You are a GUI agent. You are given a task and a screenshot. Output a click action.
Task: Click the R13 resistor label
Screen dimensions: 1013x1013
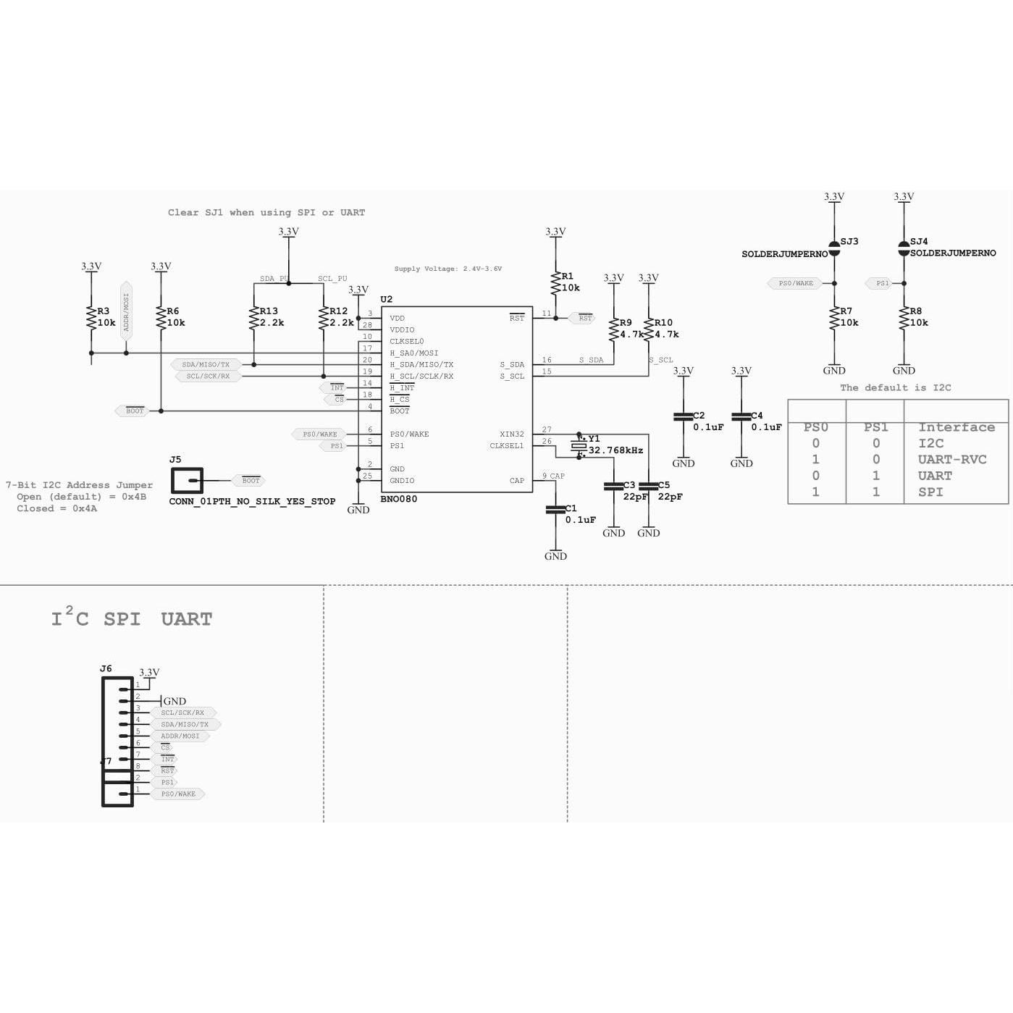click(269, 311)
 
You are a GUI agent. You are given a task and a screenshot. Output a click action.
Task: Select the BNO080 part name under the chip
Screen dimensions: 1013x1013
click(398, 499)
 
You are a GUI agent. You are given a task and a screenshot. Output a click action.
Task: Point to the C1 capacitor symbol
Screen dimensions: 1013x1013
click(555, 510)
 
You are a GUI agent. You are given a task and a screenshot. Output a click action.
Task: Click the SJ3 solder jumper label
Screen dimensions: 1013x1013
click(849, 241)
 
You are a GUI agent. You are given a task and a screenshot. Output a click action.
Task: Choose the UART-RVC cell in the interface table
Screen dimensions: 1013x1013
click(951, 459)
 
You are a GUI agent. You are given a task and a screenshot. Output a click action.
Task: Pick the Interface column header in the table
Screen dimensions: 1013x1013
click(956, 427)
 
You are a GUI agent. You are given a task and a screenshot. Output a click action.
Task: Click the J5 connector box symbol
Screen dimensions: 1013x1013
click(187, 480)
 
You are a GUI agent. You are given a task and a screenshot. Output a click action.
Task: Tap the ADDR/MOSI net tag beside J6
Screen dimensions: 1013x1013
click(180, 736)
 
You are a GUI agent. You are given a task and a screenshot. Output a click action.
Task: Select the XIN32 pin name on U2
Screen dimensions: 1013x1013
click(511, 434)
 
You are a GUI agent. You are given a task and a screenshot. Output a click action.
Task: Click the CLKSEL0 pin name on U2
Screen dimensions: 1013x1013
click(406, 341)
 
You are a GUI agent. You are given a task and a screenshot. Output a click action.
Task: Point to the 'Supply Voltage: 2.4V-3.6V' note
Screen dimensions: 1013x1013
click(447, 269)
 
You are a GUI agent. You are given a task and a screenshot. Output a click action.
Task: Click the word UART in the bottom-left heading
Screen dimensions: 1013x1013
click(186, 619)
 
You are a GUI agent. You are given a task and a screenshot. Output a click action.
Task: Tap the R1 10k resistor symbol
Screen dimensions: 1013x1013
click(555, 282)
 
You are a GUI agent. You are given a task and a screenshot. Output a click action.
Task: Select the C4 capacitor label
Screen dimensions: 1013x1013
click(757, 416)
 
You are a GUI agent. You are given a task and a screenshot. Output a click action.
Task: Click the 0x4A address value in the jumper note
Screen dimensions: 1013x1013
click(84, 508)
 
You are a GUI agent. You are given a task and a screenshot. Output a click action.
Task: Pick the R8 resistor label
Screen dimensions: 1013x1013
click(915, 311)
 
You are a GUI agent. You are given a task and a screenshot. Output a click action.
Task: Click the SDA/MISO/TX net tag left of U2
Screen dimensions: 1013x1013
click(206, 364)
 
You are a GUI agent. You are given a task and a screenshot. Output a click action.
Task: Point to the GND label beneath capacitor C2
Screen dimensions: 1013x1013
click(683, 463)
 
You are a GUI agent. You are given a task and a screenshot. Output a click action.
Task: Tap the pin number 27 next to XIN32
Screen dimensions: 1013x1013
click(547, 429)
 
